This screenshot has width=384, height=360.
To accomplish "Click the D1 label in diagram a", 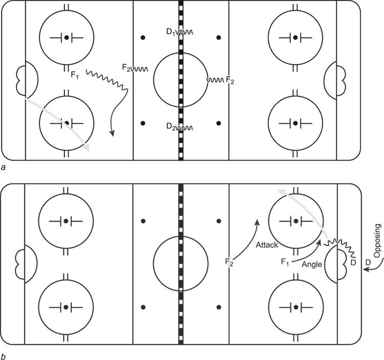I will point(170,32).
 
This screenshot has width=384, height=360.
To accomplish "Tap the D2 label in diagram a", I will point(170,126).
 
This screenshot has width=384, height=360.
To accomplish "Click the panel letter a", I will point(4,167).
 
